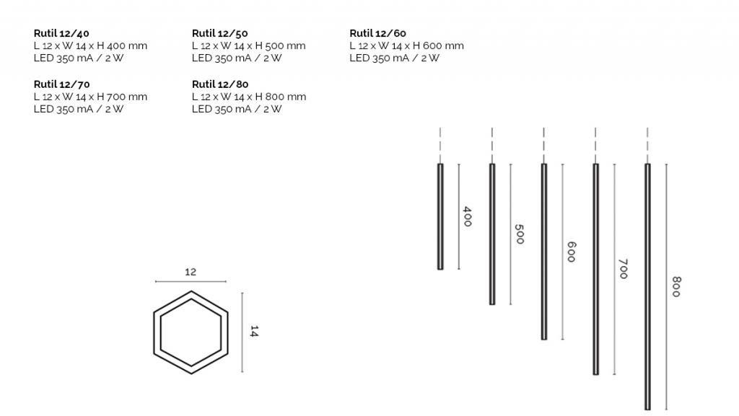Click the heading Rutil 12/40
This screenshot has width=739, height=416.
tap(61, 33)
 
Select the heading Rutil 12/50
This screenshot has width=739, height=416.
tap(219, 33)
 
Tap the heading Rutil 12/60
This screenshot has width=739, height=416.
tap(377, 33)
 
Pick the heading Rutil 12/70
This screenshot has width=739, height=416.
tap(61, 84)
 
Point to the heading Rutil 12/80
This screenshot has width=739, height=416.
tap(220, 84)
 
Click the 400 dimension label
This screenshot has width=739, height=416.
tap(467, 216)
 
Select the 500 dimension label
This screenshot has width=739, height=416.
tap(519, 234)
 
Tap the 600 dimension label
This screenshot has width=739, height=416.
tap(571, 252)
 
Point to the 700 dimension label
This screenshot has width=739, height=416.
tap(623, 269)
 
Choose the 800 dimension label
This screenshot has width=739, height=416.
tap(675, 287)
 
